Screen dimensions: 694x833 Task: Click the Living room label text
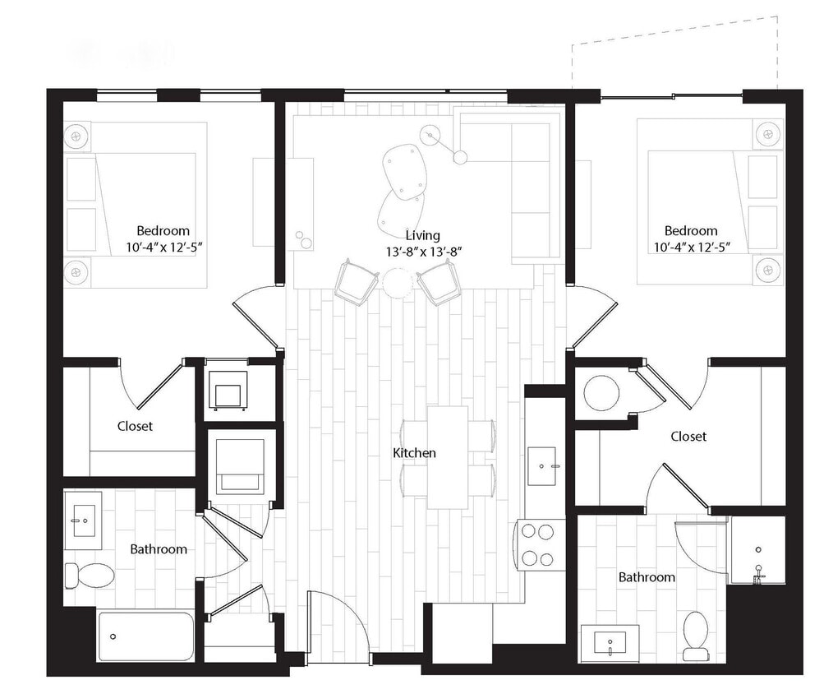pos(422,236)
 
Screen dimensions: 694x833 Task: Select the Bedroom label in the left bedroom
pos(163,231)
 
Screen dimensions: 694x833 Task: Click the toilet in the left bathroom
pos(90,575)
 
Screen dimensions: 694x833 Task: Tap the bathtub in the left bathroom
pos(145,636)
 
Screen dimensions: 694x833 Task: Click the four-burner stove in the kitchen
pos(539,544)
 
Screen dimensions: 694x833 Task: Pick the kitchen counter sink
pos(542,466)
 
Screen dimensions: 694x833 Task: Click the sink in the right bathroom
pos(610,642)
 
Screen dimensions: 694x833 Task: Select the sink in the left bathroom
pos(84,520)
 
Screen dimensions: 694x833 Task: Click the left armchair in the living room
pos(357,282)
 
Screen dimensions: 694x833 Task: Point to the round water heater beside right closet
pos(601,393)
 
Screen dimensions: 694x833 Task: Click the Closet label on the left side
pos(135,426)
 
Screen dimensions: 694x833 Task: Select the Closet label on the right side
pos(688,437)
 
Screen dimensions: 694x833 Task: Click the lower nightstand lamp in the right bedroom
pos(768,269)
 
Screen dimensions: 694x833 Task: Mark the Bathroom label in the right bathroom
pos(647,577)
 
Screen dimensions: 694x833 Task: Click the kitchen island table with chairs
pos(448,457)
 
